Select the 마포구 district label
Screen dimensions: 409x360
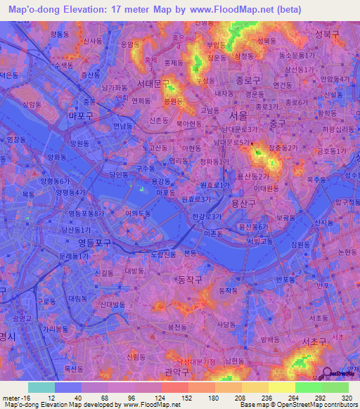[x=81, y=115]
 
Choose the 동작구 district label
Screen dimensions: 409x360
[x=188, y=279]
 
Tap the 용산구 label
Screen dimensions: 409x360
[x=245, y=204]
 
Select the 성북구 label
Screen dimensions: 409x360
[x=328, y=33]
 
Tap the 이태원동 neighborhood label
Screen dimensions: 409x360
[x=266, y=188]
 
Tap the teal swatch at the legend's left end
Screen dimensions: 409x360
[x=41, y=387]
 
